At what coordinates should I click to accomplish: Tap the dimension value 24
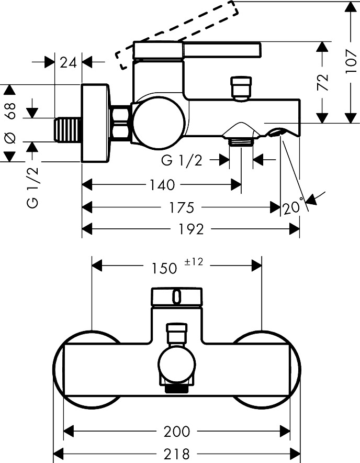pyautogui.click(x=69, y=62)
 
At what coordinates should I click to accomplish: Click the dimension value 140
pyautogui.click(x=163, y=185)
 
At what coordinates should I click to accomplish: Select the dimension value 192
pyautogui.click(x=192, y=229)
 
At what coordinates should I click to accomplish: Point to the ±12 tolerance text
pyautogui.click(x=194, y=262)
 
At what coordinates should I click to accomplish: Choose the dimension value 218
pyautogui.click(x=177, y=454)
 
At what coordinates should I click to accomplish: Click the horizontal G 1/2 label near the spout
pyautogui.click(x=182, y=161)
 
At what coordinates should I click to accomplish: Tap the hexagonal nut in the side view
pyautogui.click(x=121, y=123)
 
